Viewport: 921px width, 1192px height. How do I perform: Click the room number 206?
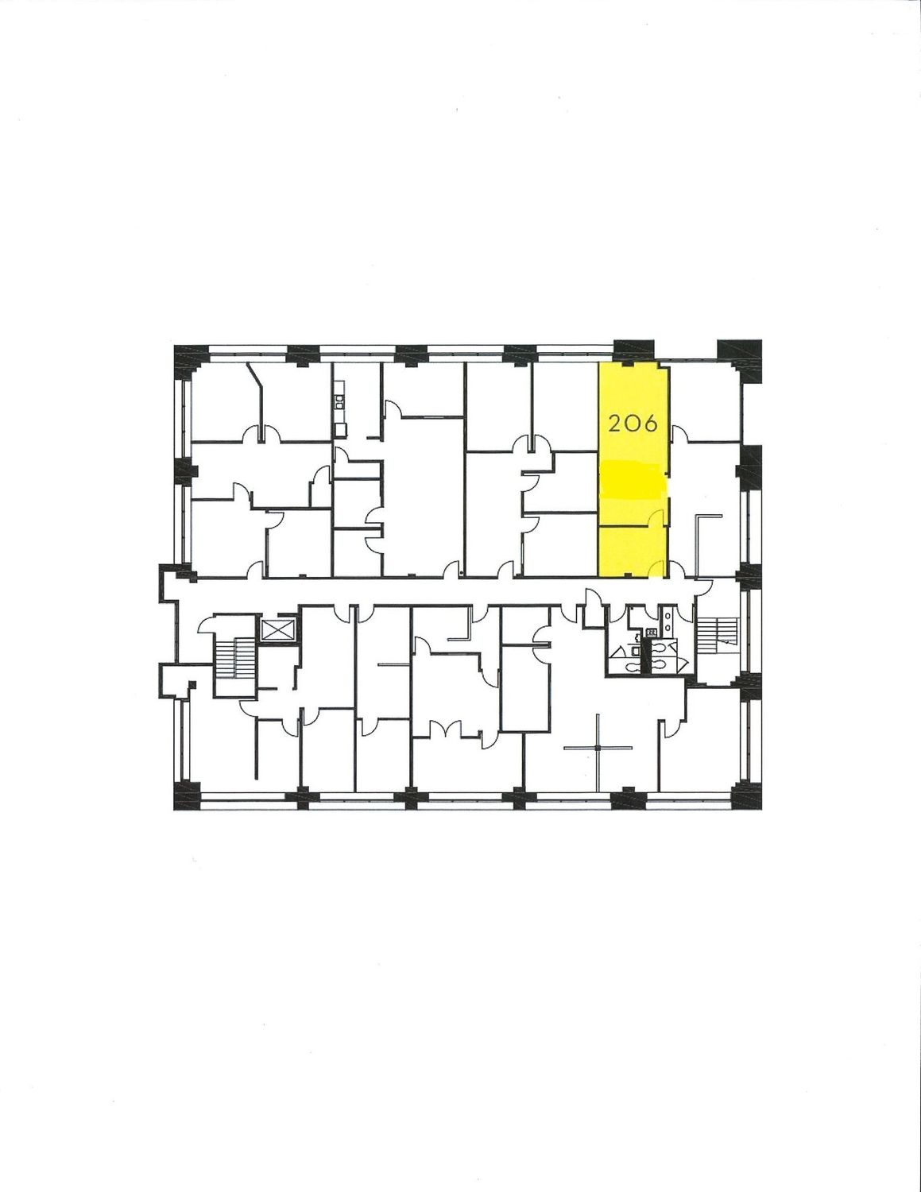[633, 424]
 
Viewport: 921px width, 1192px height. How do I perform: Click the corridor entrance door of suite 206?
[657, 570]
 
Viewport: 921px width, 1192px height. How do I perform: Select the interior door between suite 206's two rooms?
[658, 517]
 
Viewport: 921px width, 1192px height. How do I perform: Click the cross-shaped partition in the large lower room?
[598, 748]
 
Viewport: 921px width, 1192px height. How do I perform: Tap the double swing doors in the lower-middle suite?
[445, 730]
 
